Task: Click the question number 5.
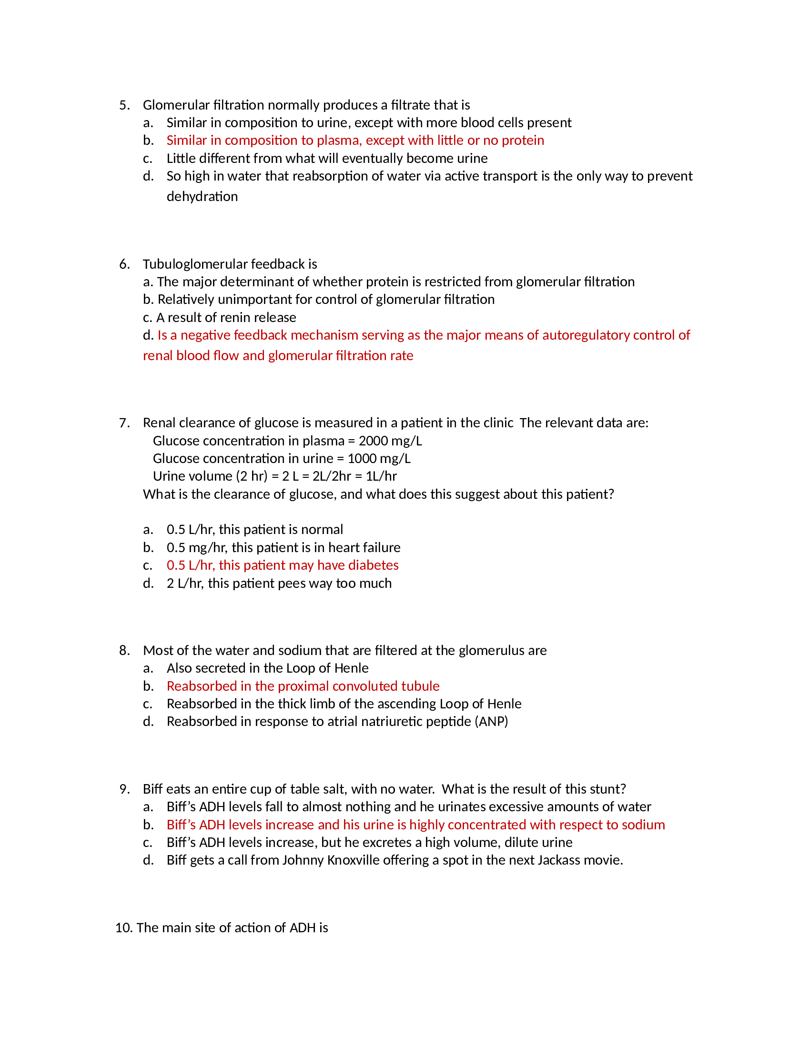[124, 105]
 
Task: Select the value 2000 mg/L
[390, 441]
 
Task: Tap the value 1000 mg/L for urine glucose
[379, 458]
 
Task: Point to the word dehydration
[202, 196]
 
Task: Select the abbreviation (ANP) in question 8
[491, 721]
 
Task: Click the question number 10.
[123, 927]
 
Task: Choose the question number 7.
[124, 423]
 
